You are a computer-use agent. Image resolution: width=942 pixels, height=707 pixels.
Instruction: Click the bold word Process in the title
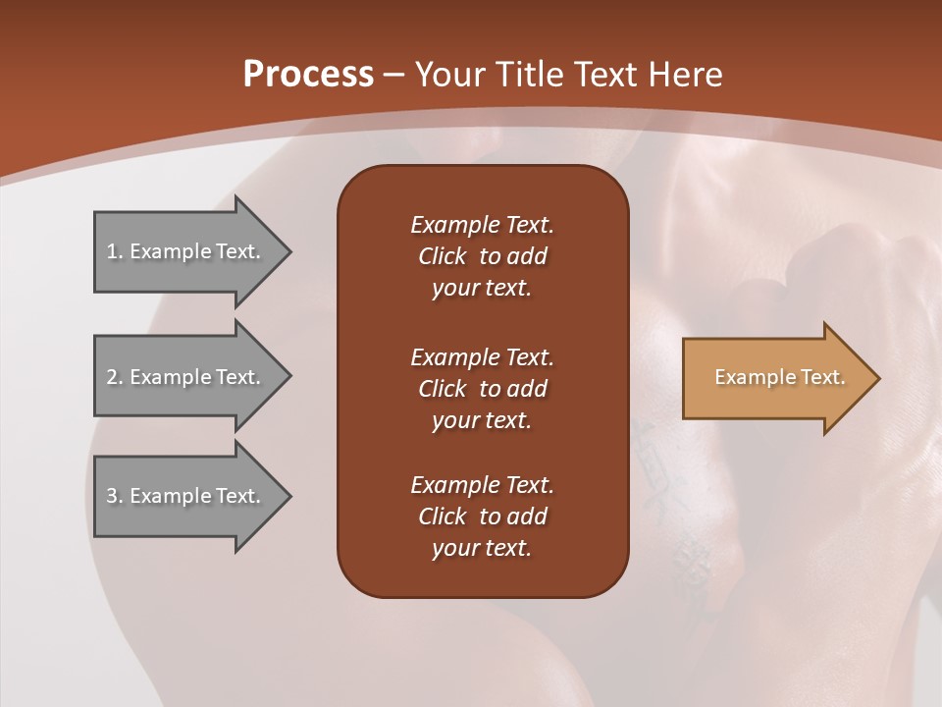308,75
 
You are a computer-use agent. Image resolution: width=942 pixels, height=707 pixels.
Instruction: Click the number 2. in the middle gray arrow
115,377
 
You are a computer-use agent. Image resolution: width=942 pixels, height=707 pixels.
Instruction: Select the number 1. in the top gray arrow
115,251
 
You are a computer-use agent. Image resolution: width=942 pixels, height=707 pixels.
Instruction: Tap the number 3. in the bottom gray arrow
115,496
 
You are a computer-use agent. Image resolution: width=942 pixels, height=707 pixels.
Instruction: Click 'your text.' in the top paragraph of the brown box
482,289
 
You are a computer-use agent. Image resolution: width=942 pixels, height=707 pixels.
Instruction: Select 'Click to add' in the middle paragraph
482,389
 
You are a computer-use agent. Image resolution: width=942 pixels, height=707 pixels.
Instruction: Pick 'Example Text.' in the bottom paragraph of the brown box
482,485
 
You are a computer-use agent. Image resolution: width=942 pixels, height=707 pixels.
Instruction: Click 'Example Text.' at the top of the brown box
482,225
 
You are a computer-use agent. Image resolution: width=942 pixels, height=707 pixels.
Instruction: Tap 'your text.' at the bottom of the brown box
482,549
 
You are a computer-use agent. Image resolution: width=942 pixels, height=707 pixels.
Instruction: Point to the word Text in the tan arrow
823,377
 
